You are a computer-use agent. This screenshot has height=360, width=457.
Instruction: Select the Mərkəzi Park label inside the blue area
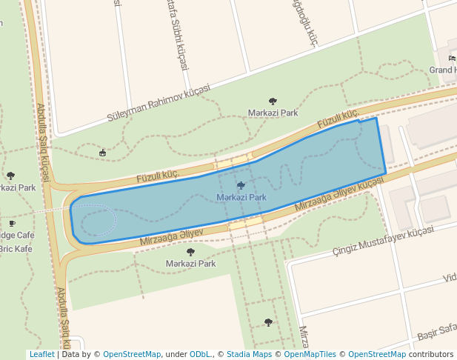(241, 198)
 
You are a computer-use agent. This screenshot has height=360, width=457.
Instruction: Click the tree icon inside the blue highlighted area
(241, 185)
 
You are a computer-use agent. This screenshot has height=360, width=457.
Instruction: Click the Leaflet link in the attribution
(42, 355)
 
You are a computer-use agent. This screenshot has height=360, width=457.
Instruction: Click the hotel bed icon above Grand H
(452, 59)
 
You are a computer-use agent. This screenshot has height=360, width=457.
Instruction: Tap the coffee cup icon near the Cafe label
(11, 223)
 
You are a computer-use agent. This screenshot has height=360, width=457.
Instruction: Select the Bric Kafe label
(16, 249)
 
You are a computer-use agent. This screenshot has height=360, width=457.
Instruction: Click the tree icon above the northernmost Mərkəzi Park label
(273, 101)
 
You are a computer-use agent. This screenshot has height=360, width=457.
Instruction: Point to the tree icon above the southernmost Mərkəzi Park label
(190, 252)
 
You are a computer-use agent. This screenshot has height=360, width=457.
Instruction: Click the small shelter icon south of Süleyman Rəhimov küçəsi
(102, 153)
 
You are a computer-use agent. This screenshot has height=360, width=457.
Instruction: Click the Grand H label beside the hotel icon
(443, 70)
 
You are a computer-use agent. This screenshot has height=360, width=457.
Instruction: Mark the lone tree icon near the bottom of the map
(268, 322)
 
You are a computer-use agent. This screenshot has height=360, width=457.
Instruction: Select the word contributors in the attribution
(433, 355)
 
